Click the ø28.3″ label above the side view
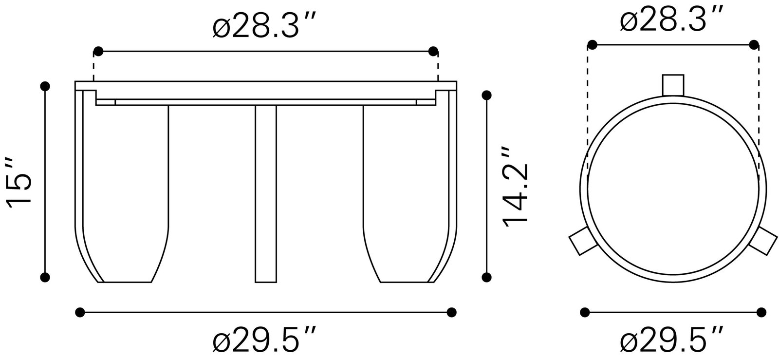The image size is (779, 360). (x=265, y=28)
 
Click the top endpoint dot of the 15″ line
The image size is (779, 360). (x=45, y=86)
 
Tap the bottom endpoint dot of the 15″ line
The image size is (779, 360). (x=45, y=278)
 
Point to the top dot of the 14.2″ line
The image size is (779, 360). (x=486, y=96)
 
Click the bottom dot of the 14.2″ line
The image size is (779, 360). (x=486, y=278)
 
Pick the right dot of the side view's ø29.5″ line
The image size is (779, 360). (x=451, y=312)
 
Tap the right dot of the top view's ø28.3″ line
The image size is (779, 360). (x=754, y=45)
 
